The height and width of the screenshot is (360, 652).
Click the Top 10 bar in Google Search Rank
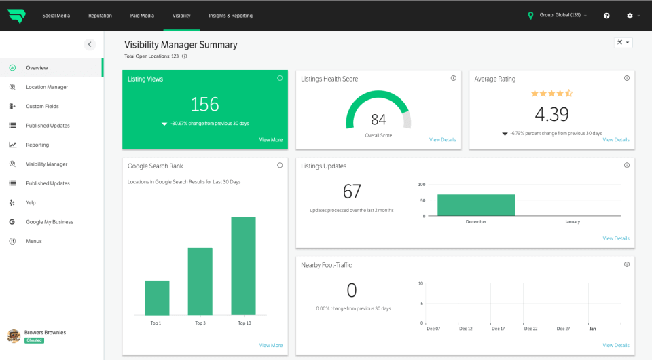tap(243, 266)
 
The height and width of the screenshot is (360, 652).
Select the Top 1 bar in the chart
tap(157, 298)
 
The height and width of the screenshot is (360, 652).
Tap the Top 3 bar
tap(200, 281)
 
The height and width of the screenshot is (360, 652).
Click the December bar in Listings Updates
tap(475, 205)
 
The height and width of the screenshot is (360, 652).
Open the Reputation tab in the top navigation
tap(100, 16)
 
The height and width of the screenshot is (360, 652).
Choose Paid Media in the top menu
tap(142, 16)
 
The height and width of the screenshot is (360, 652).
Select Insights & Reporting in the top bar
tap(230, 16)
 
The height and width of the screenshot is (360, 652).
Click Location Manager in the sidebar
tap(47, 87)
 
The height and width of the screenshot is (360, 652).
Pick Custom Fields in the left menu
tap(42, 107)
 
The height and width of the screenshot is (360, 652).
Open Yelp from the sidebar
tap(31, 202)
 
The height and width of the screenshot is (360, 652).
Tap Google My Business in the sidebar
tap(50, 222)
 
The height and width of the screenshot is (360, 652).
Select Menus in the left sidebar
tap(34, 241)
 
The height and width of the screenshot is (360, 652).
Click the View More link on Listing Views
tap(270, 140)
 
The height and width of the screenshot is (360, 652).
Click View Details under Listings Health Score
tap(442, 140)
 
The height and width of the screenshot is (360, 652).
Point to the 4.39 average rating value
tap(551, 114)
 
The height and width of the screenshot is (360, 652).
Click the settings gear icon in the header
tap(630, 16)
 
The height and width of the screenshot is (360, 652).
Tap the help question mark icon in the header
tap(606, 16)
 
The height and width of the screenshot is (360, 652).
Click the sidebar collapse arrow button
tap(90, 45)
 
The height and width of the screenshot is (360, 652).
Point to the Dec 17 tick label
tap(498, 329)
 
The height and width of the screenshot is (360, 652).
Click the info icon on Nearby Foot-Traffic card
tap(627, 264)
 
